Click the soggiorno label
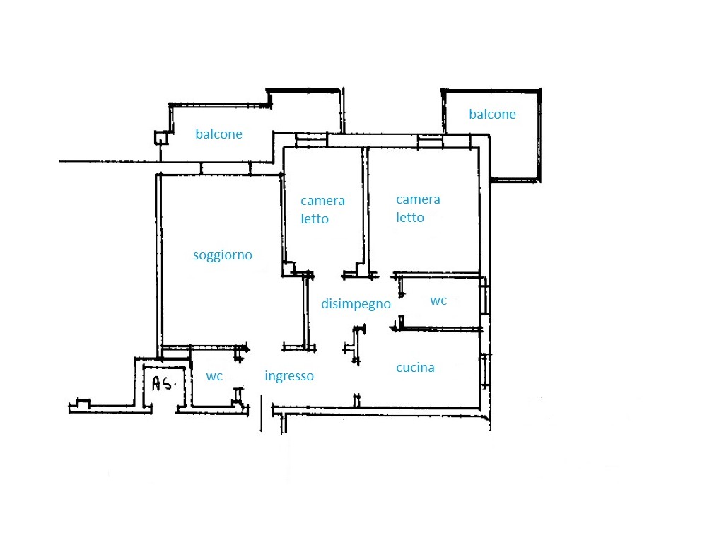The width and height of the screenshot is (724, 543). point(223,255)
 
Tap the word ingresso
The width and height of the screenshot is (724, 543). point(289,376)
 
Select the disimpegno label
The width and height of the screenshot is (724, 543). point(356,304)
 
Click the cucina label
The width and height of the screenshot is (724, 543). point(415,368)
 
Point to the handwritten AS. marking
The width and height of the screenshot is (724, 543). point(164,383)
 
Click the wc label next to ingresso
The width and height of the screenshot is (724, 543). point(214,377)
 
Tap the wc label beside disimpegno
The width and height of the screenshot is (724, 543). point(438,301)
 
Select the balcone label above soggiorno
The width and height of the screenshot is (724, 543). point(219,134)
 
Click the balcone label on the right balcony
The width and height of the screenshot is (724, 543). point(492,114)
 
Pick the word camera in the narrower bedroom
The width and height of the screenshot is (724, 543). point(322,201)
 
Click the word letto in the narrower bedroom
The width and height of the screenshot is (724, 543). point(315,218)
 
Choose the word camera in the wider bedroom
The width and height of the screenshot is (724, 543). point(418,199)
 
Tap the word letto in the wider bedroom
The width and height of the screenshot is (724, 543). point(410,217)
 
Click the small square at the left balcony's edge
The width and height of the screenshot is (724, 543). point(160,138)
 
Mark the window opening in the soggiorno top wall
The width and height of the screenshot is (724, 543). point(226,168)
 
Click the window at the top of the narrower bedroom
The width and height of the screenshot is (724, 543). point(311,141)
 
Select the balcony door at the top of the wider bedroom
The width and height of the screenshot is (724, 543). point(431,141)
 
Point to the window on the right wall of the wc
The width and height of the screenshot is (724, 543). point(484,300)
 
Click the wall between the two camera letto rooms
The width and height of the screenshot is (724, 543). point(366,211)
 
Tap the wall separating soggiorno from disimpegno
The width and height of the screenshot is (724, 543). point(305,312)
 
